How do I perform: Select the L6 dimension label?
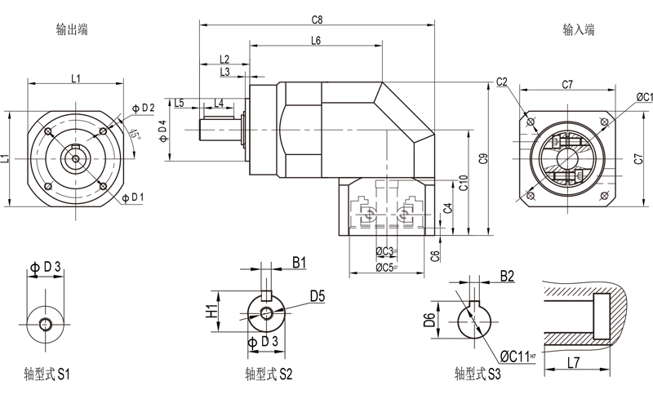click(x=316, y=41)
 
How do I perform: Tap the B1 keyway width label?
click(x=299, y=263)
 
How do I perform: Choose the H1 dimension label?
click(x=210, y=311)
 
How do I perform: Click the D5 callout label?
click(x=318, y=297)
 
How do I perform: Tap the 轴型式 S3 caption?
click(x=478, y=374)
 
